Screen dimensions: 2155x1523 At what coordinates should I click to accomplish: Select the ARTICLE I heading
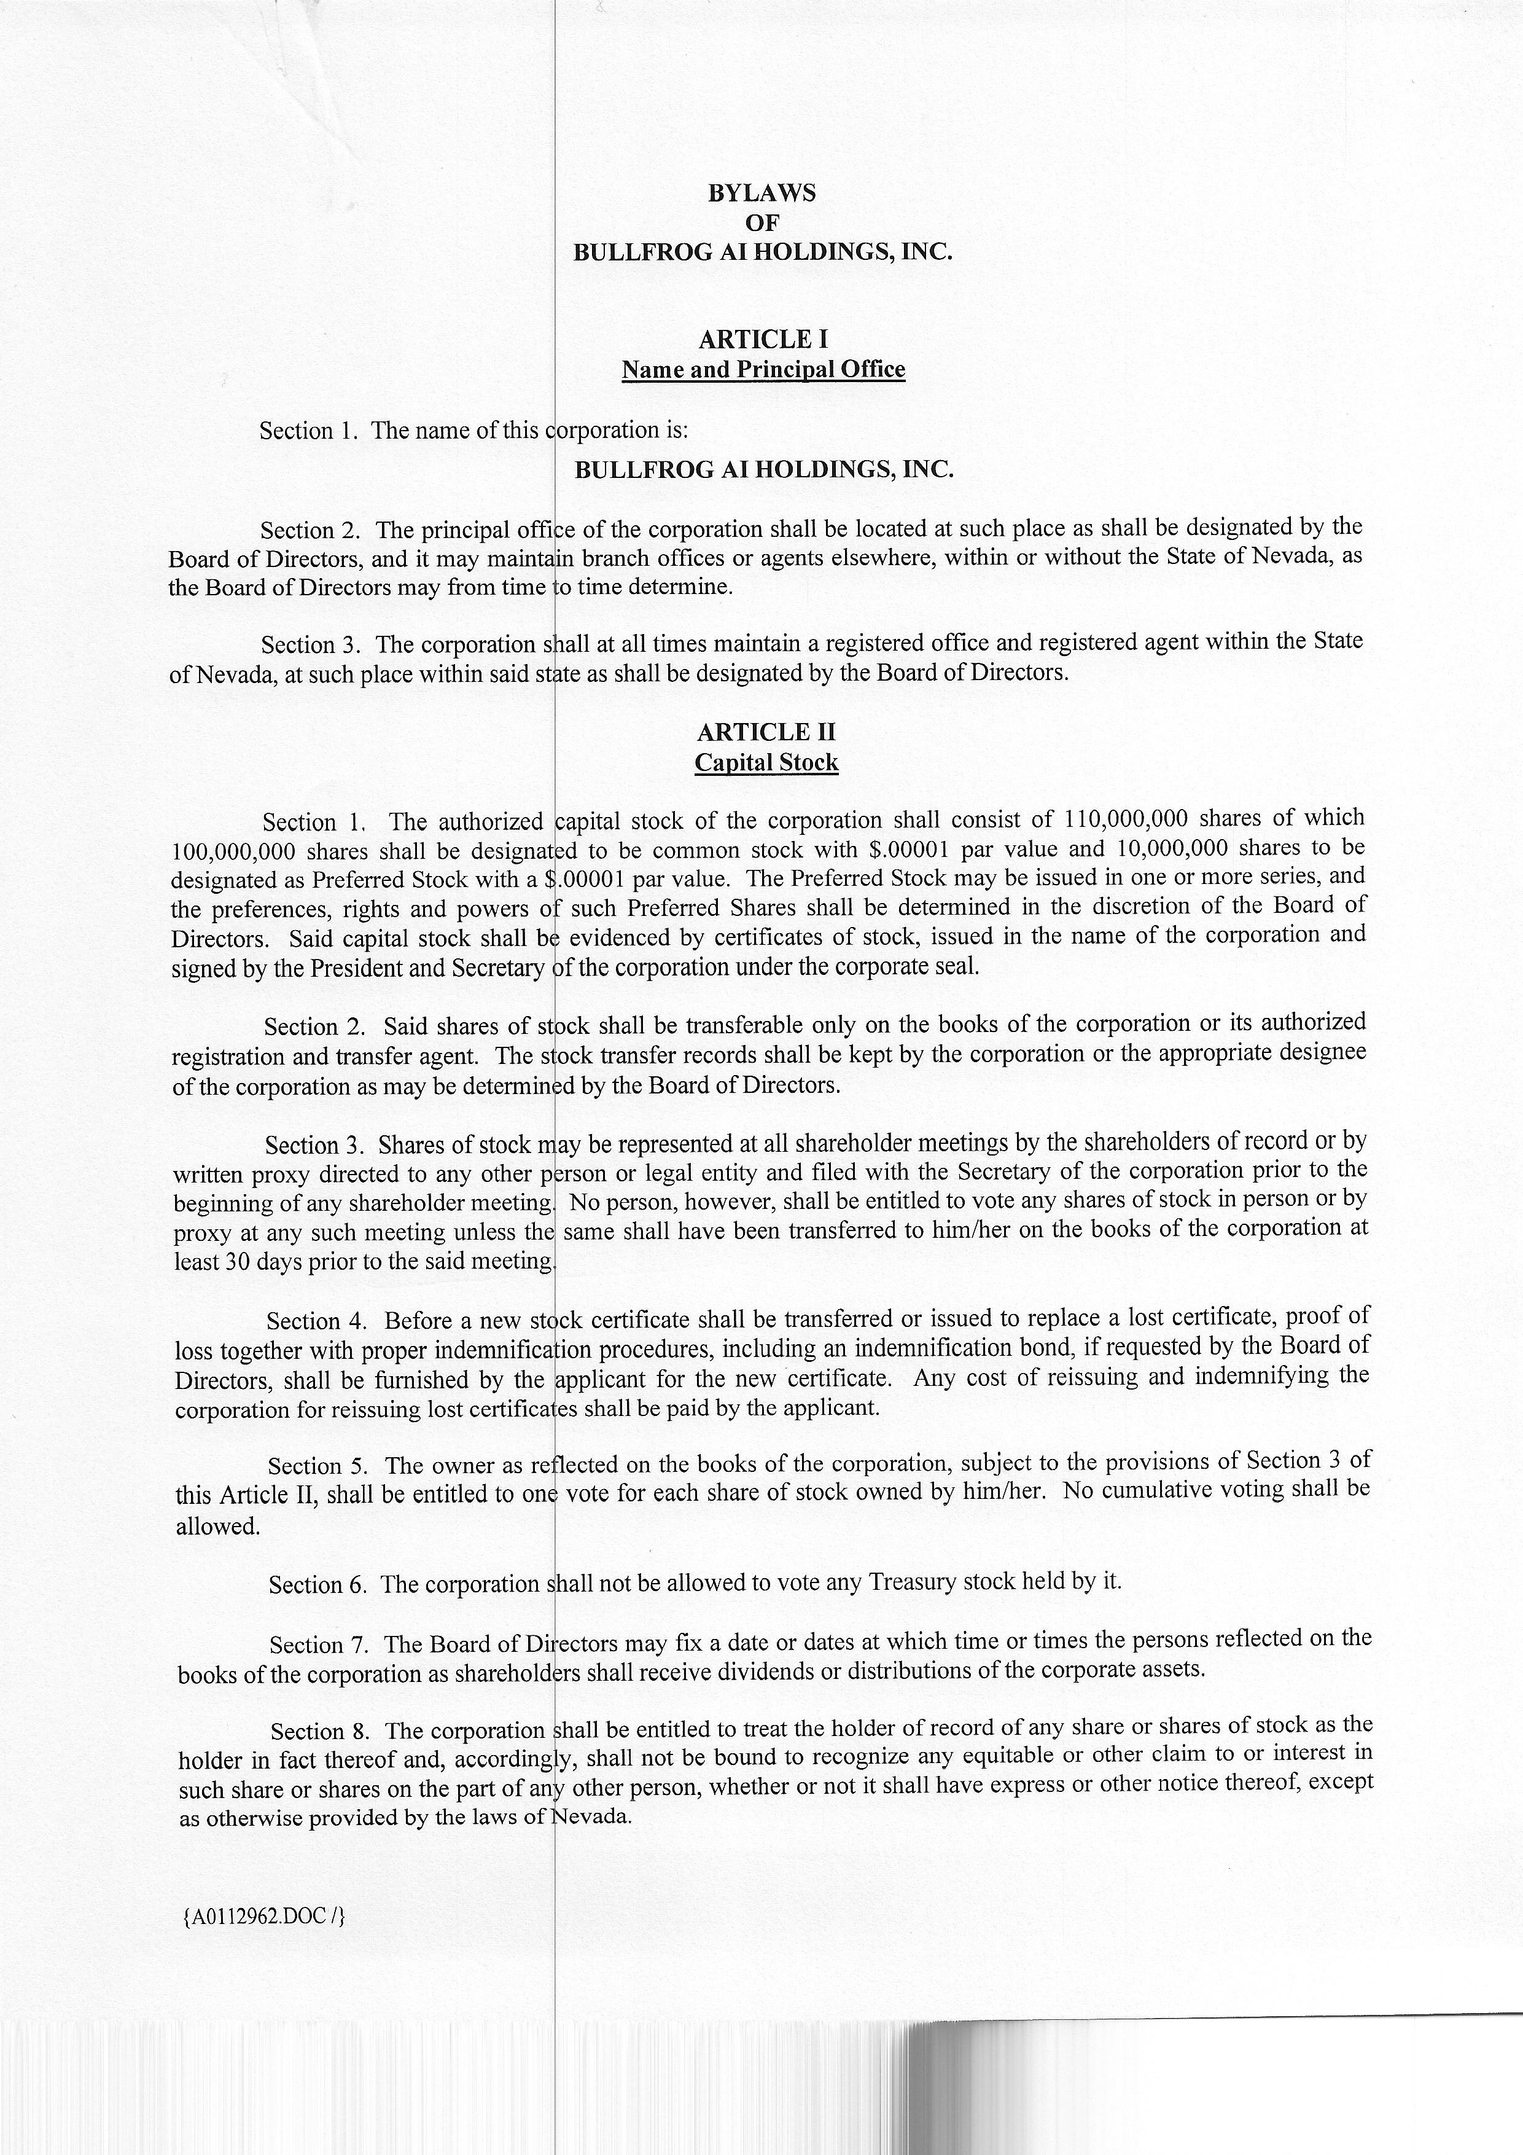763,339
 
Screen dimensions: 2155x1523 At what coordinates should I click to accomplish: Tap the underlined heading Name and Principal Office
763,370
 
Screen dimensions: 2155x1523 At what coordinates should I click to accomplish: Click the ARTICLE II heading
766,732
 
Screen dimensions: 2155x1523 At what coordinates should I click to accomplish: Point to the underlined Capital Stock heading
766,762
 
